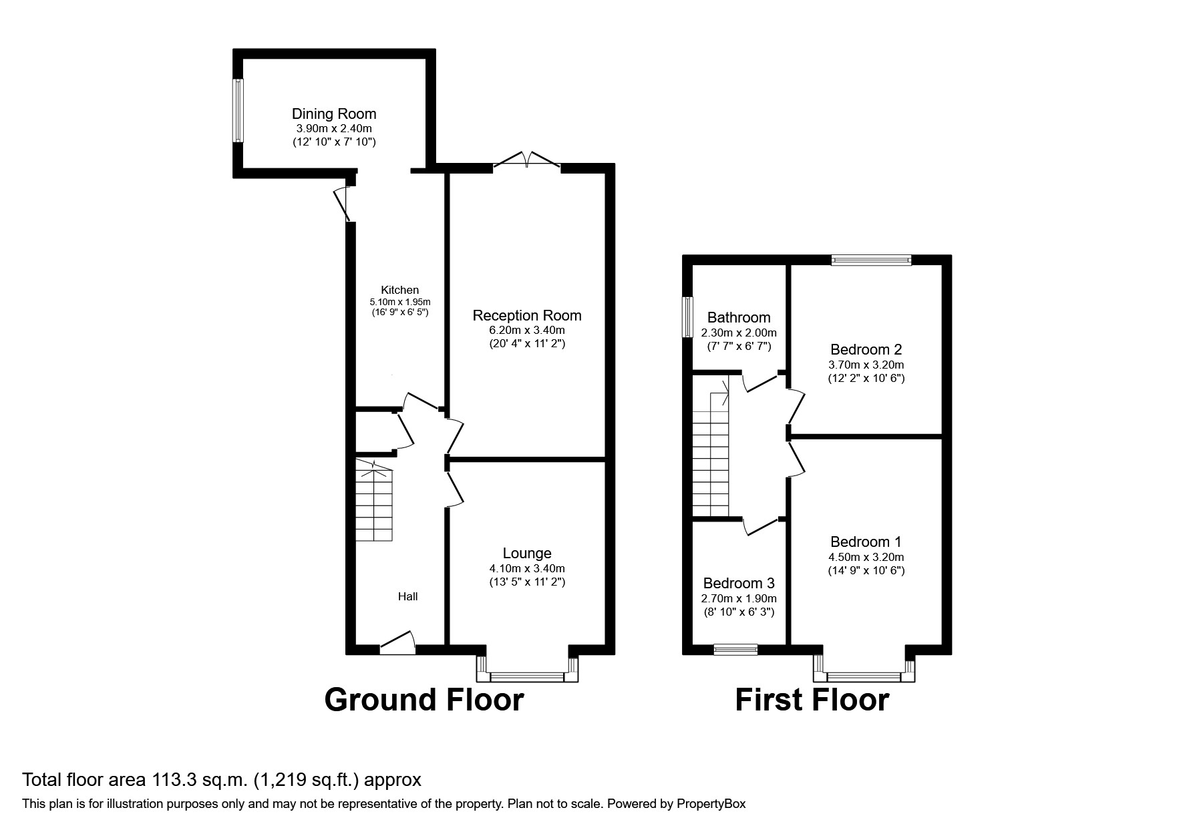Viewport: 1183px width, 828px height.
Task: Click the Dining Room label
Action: (x=334, y=114)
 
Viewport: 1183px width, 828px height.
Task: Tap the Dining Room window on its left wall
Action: (x=238, y=110)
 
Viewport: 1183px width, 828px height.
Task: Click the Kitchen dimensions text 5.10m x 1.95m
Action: (x=400, y=302)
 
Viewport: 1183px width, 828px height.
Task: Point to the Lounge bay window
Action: (x=527, y=676)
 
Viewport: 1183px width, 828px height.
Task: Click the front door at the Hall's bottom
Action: (x=397, y=644)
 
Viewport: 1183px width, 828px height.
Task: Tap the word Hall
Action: (x=408, y=596)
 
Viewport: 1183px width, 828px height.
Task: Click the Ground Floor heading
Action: (x=424, y=700)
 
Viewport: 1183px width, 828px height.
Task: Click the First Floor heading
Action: (x=812, y=700)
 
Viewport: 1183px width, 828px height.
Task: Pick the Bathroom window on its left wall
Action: (x=687, y=317)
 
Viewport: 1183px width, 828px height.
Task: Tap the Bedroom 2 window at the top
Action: (x=871, y=260)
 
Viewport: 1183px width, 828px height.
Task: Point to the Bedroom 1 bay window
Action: (x=864, y=676)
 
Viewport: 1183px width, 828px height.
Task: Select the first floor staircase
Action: (x=710, y=454)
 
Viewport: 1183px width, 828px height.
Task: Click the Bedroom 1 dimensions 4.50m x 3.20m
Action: (x=866, y=557)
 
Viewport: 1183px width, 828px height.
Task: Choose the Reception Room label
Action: (x=527, y=315)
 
